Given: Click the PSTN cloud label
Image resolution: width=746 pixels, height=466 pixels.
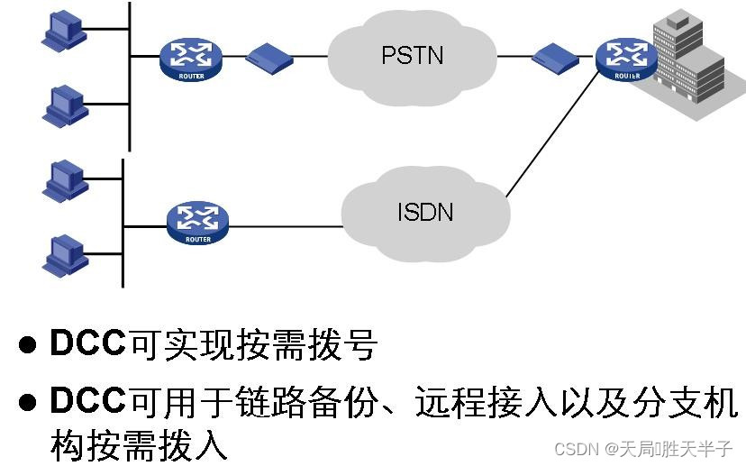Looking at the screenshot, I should [412, 55].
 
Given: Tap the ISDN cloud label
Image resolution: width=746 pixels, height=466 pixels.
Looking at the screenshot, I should [424, 213].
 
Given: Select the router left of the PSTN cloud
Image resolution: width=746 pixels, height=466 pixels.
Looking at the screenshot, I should [190, 58].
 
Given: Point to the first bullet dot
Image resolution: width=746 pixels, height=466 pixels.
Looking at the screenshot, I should [29, 344].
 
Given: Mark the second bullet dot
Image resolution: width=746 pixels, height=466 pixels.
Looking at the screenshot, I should [29, 403].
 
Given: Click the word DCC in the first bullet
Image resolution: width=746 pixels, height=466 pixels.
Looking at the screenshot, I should [88, 344].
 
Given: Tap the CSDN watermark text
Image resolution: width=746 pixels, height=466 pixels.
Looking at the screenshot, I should [642, 448].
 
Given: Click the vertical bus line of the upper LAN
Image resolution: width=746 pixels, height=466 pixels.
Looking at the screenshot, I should [130, 77].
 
